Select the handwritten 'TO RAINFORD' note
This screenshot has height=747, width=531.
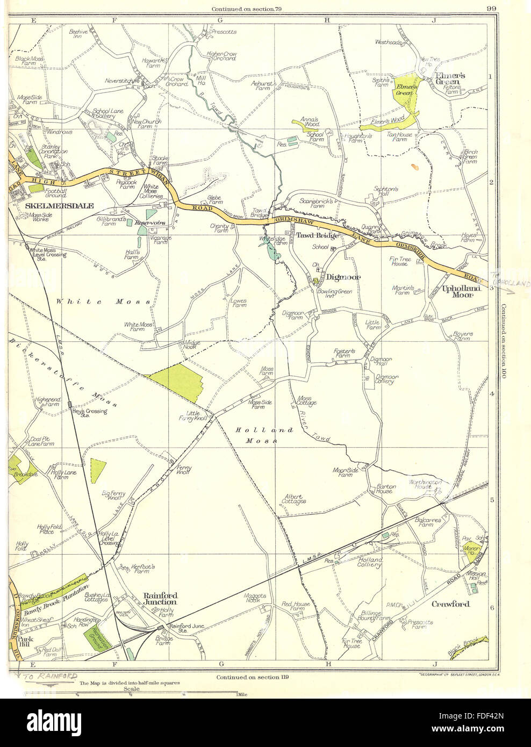pos(49,676)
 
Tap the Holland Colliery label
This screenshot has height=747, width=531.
pos(370,563)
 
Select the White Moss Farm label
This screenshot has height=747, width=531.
pos(139,327)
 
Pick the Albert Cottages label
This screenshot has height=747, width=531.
pos(294,499)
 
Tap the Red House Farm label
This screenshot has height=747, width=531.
pos(296,607)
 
